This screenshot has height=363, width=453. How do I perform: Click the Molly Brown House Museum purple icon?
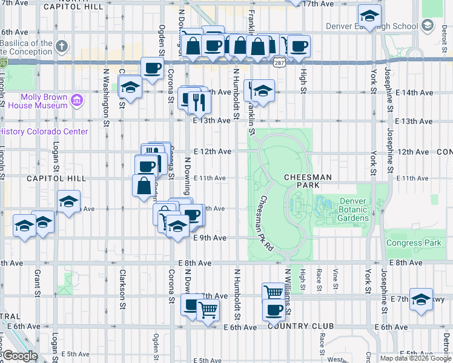tap(77, 100)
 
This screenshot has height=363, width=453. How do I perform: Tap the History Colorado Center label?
tap(45, 131)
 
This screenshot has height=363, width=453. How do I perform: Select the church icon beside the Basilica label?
tap(62, 47)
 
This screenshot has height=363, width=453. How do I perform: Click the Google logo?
tap(20, 356)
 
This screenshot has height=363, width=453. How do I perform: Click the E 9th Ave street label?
tap(210, 238)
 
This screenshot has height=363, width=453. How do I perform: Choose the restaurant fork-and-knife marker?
tap(199, 102)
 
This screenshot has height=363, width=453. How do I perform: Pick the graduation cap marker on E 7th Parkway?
tap(421, 299)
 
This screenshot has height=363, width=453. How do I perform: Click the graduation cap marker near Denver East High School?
tap(369, 16)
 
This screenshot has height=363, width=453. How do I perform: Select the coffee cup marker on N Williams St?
tap(274, 310)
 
